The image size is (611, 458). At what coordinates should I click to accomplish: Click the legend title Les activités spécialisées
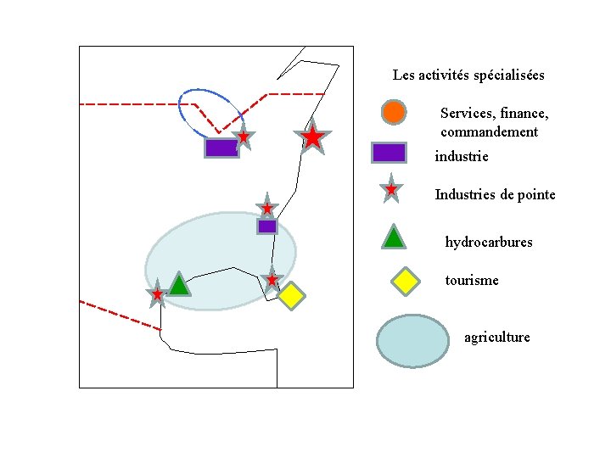tap(468, 75)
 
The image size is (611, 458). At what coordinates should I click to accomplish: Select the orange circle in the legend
tap(393, 111)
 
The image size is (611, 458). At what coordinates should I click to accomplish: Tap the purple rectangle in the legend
tap(389, 153)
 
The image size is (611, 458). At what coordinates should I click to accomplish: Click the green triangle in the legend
tap(393, 237)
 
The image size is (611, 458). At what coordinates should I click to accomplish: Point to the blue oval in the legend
tap(412, 341)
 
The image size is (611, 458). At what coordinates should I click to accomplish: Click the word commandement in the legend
tap(490, 132)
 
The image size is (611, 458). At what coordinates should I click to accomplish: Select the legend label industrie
tap(462, 157)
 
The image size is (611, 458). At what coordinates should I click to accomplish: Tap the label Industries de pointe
tap(495, 195)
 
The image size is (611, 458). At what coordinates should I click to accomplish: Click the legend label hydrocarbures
tap(489, 243)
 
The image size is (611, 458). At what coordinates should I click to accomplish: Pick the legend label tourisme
tap(472, 281)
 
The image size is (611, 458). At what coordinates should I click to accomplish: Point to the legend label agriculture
tap(496, 338)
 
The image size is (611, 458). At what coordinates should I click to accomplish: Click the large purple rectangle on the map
tap(221, 148)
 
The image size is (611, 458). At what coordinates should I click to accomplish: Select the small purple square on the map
tap(267, 226)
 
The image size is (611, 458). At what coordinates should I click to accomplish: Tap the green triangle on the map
tap(178, 284)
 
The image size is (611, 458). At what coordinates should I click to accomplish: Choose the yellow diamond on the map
tap(291, 295)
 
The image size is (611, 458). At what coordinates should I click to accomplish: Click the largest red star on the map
tap(312, 137)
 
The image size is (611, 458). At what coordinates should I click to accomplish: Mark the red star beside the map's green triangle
tap(157, 294)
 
